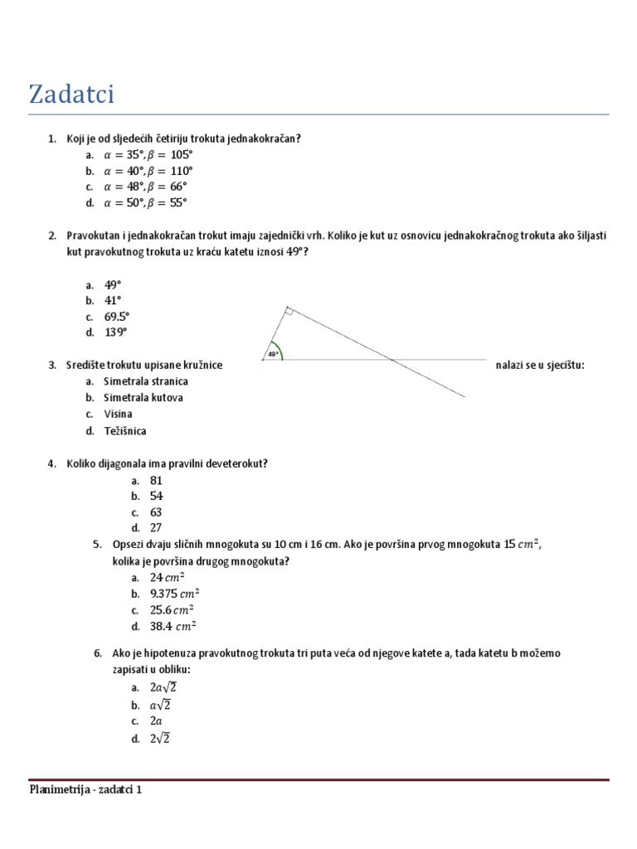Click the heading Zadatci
point(71,95)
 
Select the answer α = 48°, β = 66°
point(145,187)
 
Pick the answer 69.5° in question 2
point(117,317)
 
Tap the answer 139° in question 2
point(116,332)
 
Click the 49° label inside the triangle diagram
point(271,355)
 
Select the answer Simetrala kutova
point(143,397)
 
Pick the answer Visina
point(118,414)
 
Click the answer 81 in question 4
point(156,481)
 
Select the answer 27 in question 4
point(156,528)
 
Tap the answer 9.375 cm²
point(174,594)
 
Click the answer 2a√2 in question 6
point(163,687)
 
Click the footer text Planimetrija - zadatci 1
point(85,790)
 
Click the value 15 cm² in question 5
point(522,545)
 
